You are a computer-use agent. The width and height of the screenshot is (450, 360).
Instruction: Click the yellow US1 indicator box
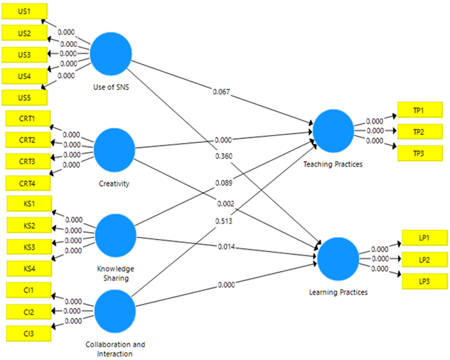(x=25, y=11)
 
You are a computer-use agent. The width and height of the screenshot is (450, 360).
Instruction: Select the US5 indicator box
(x=25, y=96)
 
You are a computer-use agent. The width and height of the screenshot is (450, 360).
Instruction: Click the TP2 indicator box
(x=419, y=132)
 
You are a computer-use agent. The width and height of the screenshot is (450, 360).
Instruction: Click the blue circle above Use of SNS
(x=111, y=53)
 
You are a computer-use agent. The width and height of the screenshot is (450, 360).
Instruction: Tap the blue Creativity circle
(x=114, y=149)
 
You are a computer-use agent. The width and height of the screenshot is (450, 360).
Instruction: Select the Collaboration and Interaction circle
(x=115, y=310)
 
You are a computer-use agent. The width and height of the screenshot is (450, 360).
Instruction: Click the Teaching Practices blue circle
(x=333, y=130)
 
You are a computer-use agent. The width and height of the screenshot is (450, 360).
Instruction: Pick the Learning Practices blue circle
(x=338, y=259)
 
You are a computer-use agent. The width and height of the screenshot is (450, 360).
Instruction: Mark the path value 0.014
(x=227, y=246)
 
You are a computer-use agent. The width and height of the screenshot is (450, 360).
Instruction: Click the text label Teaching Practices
(x=333, y=164)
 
